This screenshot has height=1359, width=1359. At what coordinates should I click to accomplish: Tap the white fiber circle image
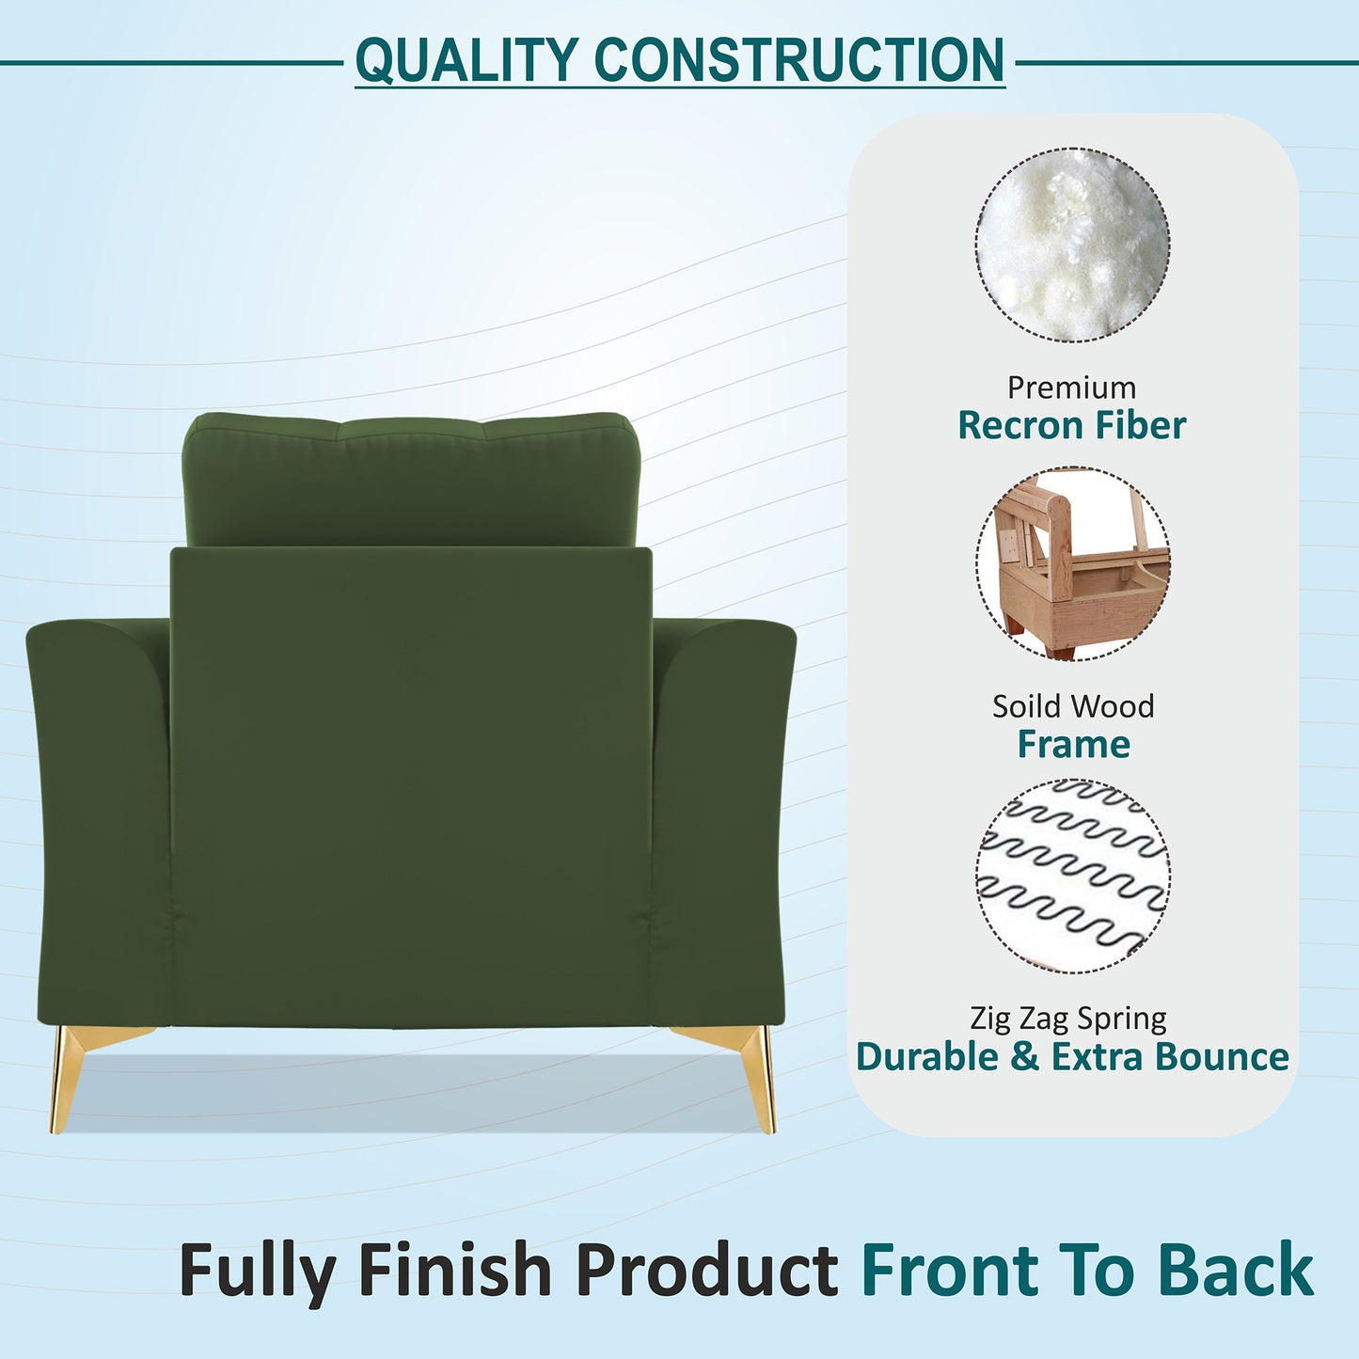[1072, 245]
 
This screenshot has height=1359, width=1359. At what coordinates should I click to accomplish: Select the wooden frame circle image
[1072, 563]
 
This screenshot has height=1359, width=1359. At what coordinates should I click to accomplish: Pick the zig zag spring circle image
[1072, 876]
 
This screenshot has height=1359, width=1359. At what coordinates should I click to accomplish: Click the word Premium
[1071, 387]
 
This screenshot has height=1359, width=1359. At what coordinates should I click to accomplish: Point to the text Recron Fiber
[1071, 425]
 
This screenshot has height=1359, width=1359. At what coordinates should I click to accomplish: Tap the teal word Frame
[1073, 744]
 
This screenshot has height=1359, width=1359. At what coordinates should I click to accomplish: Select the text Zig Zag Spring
[1067, 1019]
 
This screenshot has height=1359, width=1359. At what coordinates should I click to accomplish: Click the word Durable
[927, 1056]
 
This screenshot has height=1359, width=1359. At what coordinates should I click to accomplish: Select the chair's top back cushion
[410, 480]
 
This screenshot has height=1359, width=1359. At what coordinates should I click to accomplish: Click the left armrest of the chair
[99, 818]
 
